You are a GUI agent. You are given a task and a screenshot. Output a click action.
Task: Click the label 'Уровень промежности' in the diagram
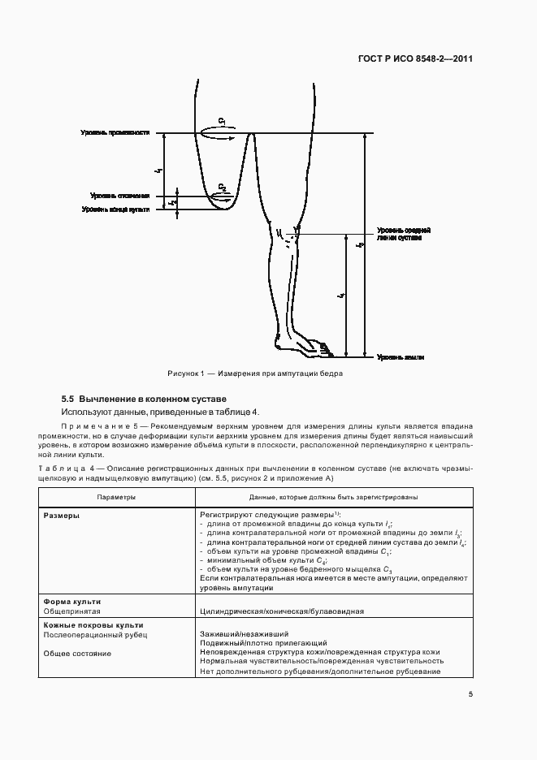(x=115, y=133)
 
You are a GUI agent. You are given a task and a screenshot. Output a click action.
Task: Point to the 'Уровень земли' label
(x=400, y=357)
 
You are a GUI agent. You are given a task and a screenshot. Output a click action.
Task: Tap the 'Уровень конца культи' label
(x=115, y=209)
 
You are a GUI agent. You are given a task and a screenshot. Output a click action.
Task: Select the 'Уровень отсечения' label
(x=120, y=196)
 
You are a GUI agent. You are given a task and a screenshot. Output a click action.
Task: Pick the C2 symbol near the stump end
(x=222, y=188)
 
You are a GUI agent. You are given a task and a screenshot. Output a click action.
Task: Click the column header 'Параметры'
(x=116, y=496)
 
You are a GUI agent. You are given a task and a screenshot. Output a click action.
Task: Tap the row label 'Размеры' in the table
(x=62, y=515)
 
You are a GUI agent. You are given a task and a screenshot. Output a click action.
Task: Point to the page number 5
(x=471, y=693)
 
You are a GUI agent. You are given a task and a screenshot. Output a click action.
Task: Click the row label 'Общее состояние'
(x=77, y=653)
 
